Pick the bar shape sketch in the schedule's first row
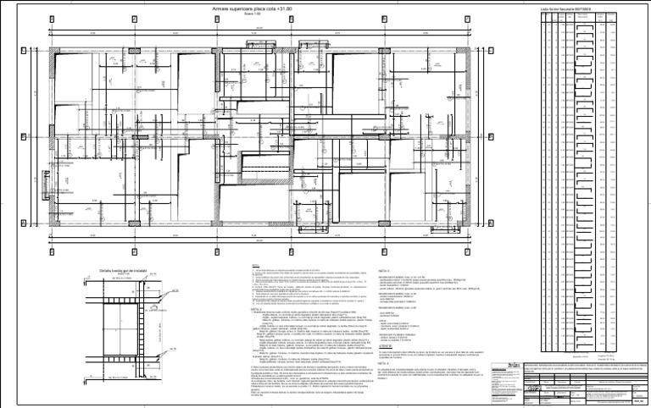coord(584,25)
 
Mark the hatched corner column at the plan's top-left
coord(54,50)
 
